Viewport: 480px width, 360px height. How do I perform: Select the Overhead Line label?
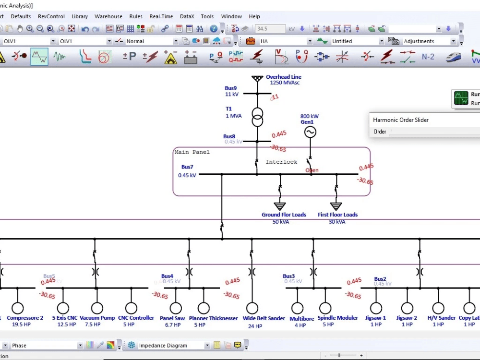284,77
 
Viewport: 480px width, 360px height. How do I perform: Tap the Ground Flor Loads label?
284,215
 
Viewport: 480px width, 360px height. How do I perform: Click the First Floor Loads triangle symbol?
336,206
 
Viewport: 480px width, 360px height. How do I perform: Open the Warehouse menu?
108,16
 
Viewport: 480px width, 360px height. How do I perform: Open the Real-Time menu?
161,16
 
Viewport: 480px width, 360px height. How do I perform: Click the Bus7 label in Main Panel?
187,167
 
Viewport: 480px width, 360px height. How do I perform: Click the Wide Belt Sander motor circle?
252,308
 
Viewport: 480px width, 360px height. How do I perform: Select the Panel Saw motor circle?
176,308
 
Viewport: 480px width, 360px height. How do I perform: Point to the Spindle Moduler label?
337,318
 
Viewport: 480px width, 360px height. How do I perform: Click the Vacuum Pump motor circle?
97,308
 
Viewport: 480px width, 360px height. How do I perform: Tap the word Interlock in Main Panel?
282,162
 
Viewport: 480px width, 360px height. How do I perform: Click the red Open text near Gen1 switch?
312,170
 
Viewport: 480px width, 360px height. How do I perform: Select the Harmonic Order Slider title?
401,120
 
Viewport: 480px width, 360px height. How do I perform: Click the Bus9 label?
231,88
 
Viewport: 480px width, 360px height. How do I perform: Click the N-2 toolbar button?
428,57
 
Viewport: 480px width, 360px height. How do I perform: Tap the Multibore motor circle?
297,308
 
